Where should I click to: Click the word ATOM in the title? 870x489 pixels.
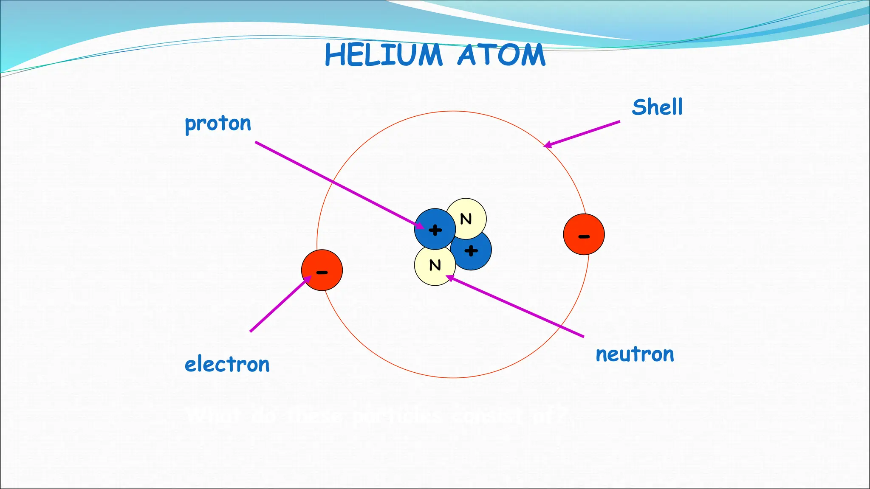pos(501,55)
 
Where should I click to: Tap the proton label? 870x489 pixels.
pos(218,124)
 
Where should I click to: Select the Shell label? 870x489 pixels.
pos(657,107)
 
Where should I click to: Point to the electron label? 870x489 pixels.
pos(227,365)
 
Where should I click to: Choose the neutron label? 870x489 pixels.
pos(635,354)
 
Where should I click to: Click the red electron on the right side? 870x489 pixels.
pos(584,234)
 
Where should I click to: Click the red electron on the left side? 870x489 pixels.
pos(322,270)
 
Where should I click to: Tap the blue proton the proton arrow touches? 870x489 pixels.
pos(435,229)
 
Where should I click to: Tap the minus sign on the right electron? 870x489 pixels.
pos(584,236)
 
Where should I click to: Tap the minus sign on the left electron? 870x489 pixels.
pos(322,273)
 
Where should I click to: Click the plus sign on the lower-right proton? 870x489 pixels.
pos(471,251)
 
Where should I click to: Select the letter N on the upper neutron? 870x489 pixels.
pos(466,219)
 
